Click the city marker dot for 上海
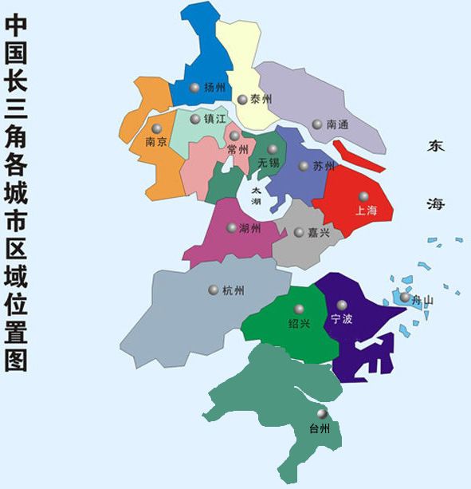(x=363, y=196)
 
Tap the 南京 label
(x=156, y=143)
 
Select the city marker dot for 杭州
(x=213, y=290)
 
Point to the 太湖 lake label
(x=256, y=196)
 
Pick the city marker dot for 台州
(x=322, y=414)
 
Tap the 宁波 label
(x=342, y=319)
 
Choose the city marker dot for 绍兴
(x=300, y=309)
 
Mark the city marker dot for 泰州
(x=242, y=100)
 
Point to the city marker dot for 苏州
(x=304, y=166)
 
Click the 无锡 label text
(x=269, y=163)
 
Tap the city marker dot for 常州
(x=234, y=136)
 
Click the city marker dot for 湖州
(x=232, y=227)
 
